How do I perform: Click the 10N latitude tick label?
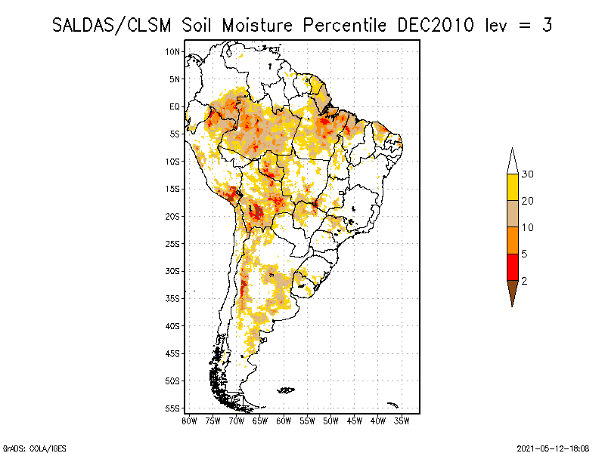[x=173, y=51]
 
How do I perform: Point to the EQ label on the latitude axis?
[x=175, y=106]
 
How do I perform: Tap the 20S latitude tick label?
[x=173, y=216]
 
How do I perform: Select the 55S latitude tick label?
[x=173, y=408]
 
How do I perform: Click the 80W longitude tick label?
[x=189, y=420]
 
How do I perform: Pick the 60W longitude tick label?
[x=284, y=420]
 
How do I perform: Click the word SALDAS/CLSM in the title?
[x=113, y=25]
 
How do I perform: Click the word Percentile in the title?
[x=345, y=25]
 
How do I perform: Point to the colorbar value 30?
[x=529, y=174]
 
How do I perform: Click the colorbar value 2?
[x=524, y=281]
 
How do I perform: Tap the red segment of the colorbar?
[x=513, y=267]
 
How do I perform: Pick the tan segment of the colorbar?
[x=513, y=214]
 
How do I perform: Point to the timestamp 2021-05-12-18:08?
[x=553, y=447]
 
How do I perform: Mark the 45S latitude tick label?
[x=173, y=353]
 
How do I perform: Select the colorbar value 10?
[x=529, y=227]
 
